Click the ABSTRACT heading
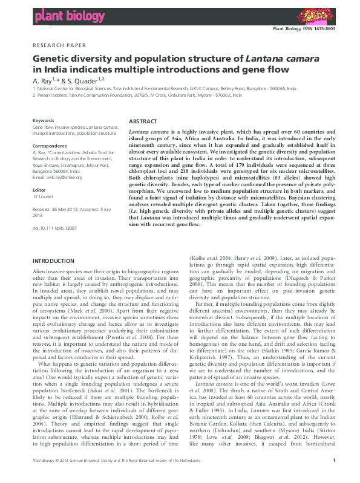[143, 122]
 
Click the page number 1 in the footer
[334, 478]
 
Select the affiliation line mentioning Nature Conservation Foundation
[139, 95]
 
